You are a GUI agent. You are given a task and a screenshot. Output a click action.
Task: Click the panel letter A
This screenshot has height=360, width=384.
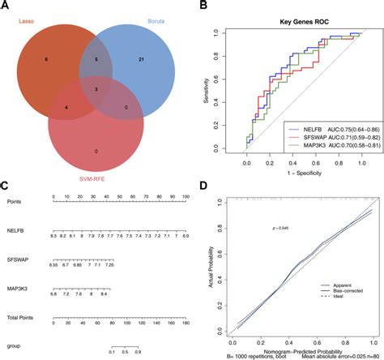coord(6,6)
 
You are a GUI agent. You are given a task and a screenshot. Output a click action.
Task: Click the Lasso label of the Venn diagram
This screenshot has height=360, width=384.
coord(32,22)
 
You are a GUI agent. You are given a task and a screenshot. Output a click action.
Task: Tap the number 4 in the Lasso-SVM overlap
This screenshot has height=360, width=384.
coord(66,106)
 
